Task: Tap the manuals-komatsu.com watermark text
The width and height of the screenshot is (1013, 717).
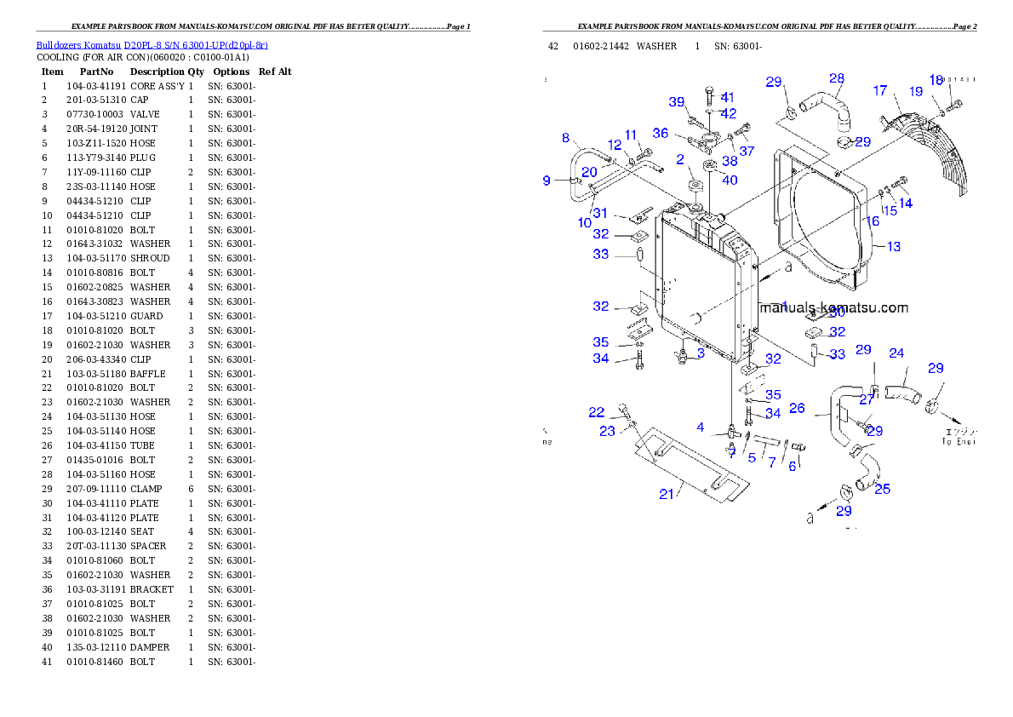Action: pyautogui.click(x=833, y=308)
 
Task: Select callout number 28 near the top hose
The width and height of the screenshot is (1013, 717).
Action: pyautogui.click(x=837, y=79)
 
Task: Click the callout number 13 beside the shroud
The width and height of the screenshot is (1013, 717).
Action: pyautogui.click(x=893, y=247)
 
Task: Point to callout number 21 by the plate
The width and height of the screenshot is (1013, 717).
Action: pyautogui.click(x=667, y=494)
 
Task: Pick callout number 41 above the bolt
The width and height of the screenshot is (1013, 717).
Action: pyautogui.click(x=727, y=98)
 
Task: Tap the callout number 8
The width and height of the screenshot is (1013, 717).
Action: pyautogui.click(x=565, y=138)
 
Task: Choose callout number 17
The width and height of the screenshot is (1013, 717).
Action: pyautogui.click(x=880, y=90)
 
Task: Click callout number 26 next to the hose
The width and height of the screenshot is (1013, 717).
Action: pyautogui.click(x=797, y=409)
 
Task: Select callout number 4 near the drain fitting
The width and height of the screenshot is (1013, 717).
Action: pyautogui.click(x=701, y=427)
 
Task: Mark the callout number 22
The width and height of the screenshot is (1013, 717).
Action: pyautogui.click(x=597, y=413)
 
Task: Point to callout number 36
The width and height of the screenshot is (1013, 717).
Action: pyautogui.click(x=661, y=134)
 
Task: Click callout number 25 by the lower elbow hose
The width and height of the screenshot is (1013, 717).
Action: pyautogui.click(x=883, y=489)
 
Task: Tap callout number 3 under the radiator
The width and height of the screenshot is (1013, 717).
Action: pyautogui.click(x=701, y=353)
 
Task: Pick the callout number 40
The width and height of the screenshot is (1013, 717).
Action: pyautogui.click(x=730, y=181)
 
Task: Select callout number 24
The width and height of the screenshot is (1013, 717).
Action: pyautogui.click(x=896, y=353)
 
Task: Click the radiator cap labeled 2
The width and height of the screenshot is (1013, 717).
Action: pyautogui.click(x=692, y=186)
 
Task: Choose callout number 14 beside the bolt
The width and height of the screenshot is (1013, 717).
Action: pyautogui.click(x=905, y=204)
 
